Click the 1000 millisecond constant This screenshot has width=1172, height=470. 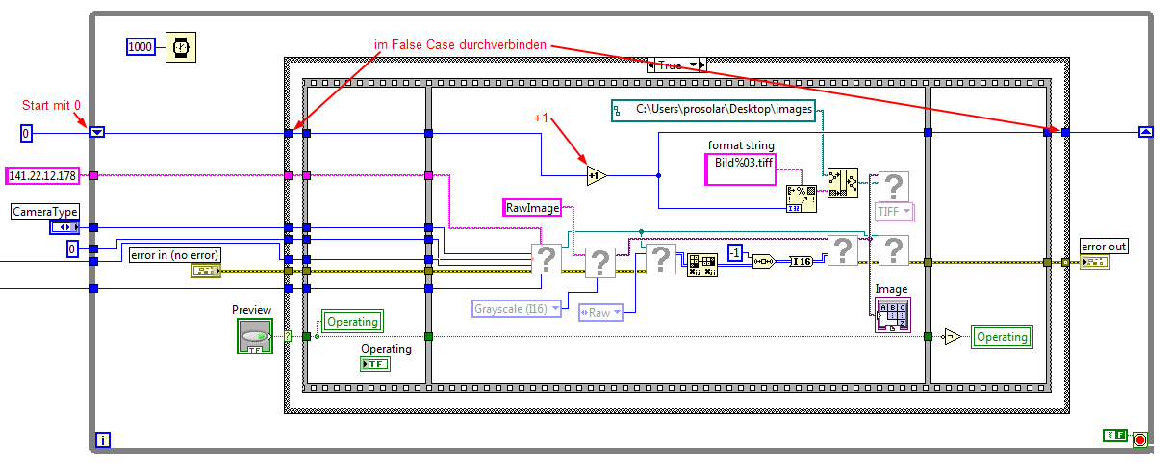pyautogui.click(x=141, y=46)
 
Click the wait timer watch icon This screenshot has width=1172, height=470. pyautogui.click(x=179, y=46)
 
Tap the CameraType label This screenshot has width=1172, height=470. pyautogui.click(x=45, y=211)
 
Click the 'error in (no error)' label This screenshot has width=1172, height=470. pyautogui.click(x=174, y=254)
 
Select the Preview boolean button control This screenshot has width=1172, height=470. pyautogui.click(x=254, y=336)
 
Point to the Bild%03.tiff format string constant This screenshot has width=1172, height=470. pyautogui.click(x=745, y=164)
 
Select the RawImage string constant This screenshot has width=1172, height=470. pyautogui.click(x=533, y=207)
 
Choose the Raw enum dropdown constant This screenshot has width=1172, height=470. pyautogui.click(x=600, y=312)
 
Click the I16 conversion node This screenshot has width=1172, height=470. pyautogui.click(x=801, y=260)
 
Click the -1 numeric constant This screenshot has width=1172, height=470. pyautogui.click(x=735, y=252)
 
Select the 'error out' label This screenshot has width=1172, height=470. pyautogui.click(x=1104, y=247)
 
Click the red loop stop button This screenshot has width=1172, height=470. pyautogui.click(x=1140, y=439)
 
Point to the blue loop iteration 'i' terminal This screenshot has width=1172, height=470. pyautogui.click(x=103, y=440)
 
